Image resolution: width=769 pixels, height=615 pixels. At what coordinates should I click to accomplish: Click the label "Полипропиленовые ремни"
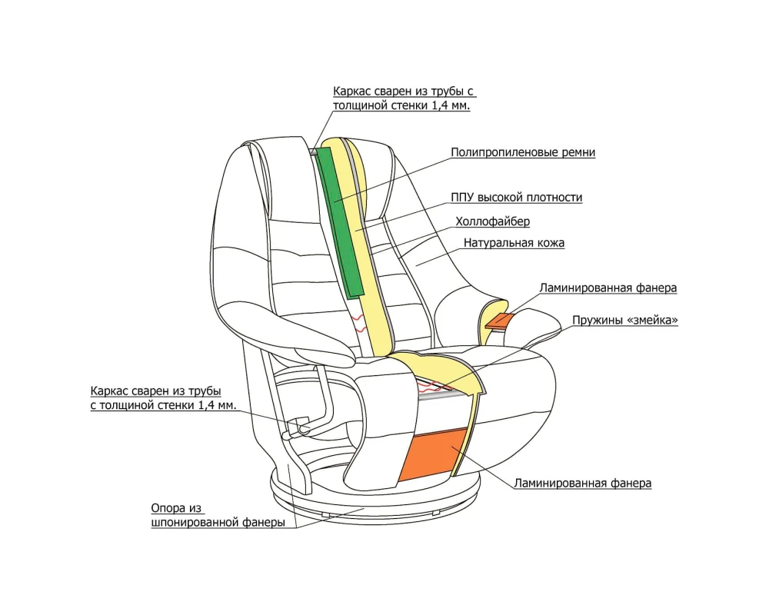522,152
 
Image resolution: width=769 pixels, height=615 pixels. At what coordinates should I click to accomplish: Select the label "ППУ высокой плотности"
518,198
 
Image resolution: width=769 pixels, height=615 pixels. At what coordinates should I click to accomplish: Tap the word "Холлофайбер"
493,221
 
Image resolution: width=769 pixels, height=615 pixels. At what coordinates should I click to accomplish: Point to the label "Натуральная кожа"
514,243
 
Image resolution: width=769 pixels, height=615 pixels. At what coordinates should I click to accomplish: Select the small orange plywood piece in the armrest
498,320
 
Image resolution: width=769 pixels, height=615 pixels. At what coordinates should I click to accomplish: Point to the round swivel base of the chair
377,504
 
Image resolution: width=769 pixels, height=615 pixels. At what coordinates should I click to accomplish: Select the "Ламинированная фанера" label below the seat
582,484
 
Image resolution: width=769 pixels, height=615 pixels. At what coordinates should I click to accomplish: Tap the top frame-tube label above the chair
404,98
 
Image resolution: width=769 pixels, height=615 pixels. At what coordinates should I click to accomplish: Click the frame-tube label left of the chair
162,397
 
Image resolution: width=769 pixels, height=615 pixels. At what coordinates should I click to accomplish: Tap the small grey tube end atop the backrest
313,151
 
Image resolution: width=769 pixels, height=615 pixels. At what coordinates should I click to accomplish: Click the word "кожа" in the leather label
549,243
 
